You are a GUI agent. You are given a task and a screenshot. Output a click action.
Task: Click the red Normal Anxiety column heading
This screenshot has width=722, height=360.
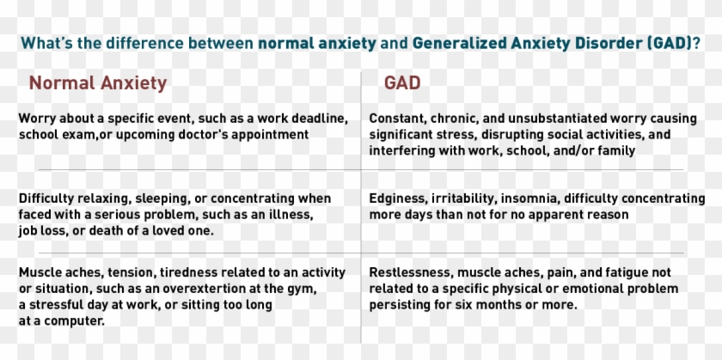click(98, 83)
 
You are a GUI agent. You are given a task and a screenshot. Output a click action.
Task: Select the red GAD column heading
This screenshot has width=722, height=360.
click(402, 83)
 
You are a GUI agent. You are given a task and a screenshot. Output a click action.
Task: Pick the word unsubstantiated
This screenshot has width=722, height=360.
click(557, 119)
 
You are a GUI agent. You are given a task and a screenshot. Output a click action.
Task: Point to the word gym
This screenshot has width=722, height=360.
click(304, 289)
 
